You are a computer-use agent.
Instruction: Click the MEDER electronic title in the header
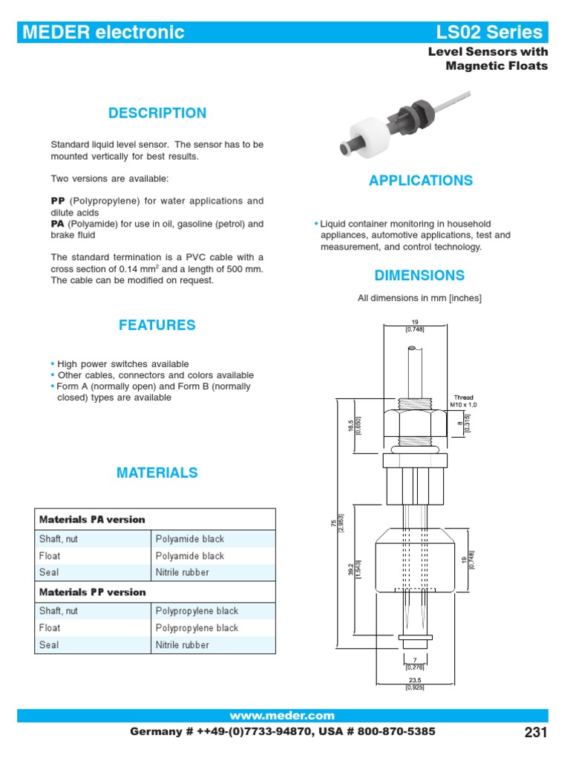[x=103, y=33]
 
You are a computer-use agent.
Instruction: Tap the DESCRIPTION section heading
[x=157, y=114]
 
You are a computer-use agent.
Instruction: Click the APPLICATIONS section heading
[x=420, y=181]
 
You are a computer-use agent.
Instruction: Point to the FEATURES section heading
[x=157, y=326]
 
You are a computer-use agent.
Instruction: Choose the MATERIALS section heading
[x=157, y=473]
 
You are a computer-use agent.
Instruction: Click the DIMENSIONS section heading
[x=419, y=276]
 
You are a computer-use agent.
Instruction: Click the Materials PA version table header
[x=92, y=519]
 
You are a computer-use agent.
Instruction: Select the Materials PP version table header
[x=92, y=592]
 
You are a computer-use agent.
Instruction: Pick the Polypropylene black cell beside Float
[x=197, y=628]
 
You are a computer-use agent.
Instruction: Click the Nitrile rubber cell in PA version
[x=183, y=573]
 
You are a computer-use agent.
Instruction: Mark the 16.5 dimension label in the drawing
[x=353, y=427]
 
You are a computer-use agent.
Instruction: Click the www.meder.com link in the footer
[x=282, y=716]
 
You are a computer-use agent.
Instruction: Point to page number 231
[x=535, y=733]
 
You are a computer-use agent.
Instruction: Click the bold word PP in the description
[x=58, y=201]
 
